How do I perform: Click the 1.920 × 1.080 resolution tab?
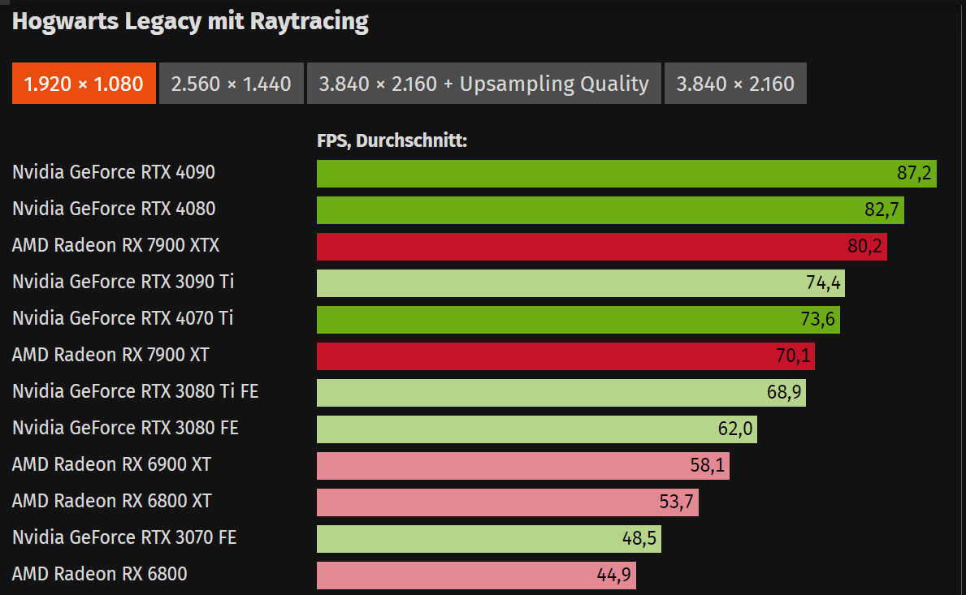[84, 84]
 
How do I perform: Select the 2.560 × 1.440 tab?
[231, 84]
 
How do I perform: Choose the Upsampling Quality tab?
[483, 84]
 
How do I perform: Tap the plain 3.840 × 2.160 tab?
[735, 84]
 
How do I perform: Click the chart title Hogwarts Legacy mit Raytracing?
[190, 22]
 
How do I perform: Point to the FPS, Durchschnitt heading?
[392, 140]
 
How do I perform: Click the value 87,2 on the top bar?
[914, 174]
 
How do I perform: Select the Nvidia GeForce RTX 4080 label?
[114, 209]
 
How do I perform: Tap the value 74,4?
[822, 283]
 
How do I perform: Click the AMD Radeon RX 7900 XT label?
[110, 355]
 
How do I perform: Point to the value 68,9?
[784, 393]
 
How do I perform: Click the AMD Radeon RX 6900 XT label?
[111, 464]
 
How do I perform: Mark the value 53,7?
[677, 502]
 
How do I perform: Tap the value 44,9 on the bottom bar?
[614, 576]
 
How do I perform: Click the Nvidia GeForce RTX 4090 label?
[114, 172]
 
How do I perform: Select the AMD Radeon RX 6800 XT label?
[111, 501]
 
